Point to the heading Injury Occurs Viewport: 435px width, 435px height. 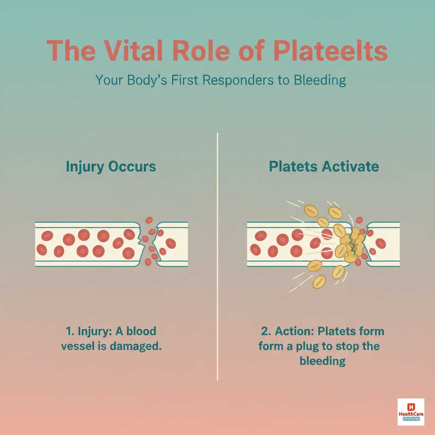pyautogui.click(x=111, y=166)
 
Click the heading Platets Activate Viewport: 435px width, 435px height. pyautogui.click(x=324, y=166)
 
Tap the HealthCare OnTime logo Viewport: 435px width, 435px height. pyautogui.click(x=410, y=412)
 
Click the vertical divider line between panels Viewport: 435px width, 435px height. pyautogui.click(x=217, y=255)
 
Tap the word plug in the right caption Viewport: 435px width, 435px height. pyautogui.click(x=307, y=346)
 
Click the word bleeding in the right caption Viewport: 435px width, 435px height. pyautogui.click(x=322, y=361)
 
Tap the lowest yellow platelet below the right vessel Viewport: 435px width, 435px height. pyautogui.click(x=319, y=281)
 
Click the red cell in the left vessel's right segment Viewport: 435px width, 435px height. pyautogui.click(x=170, y=243)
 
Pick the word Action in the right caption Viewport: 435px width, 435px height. pyautogui.click(x=294, y=331)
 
